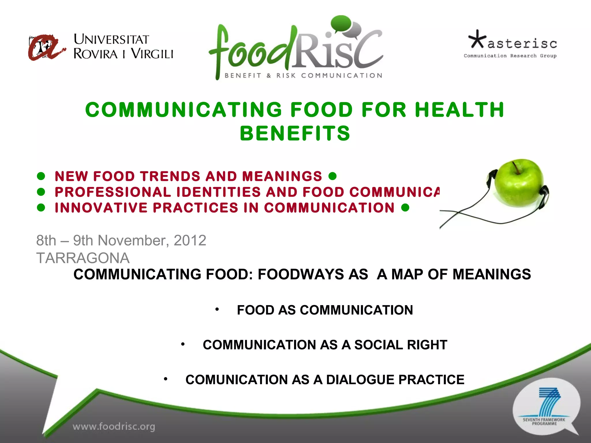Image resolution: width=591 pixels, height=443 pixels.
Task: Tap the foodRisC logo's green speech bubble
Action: point(341,23)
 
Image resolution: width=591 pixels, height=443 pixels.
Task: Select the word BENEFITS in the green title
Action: point(295,134)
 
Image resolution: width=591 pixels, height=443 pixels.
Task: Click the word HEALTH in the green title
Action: point(459,110)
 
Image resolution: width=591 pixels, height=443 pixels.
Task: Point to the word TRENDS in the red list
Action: point(170,176)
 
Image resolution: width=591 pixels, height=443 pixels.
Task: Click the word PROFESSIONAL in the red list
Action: point(113,192)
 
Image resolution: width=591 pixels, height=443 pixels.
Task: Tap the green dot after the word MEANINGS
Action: point(332,176)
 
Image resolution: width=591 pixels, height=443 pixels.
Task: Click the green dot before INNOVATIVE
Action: point(41,208)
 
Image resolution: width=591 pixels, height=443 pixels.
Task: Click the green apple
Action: point(518,183)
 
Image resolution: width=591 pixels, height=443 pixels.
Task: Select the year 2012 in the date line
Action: point(190,240)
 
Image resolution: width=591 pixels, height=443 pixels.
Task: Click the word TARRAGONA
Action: point(83,258)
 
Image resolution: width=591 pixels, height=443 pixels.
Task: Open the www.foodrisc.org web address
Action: point(114,426)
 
